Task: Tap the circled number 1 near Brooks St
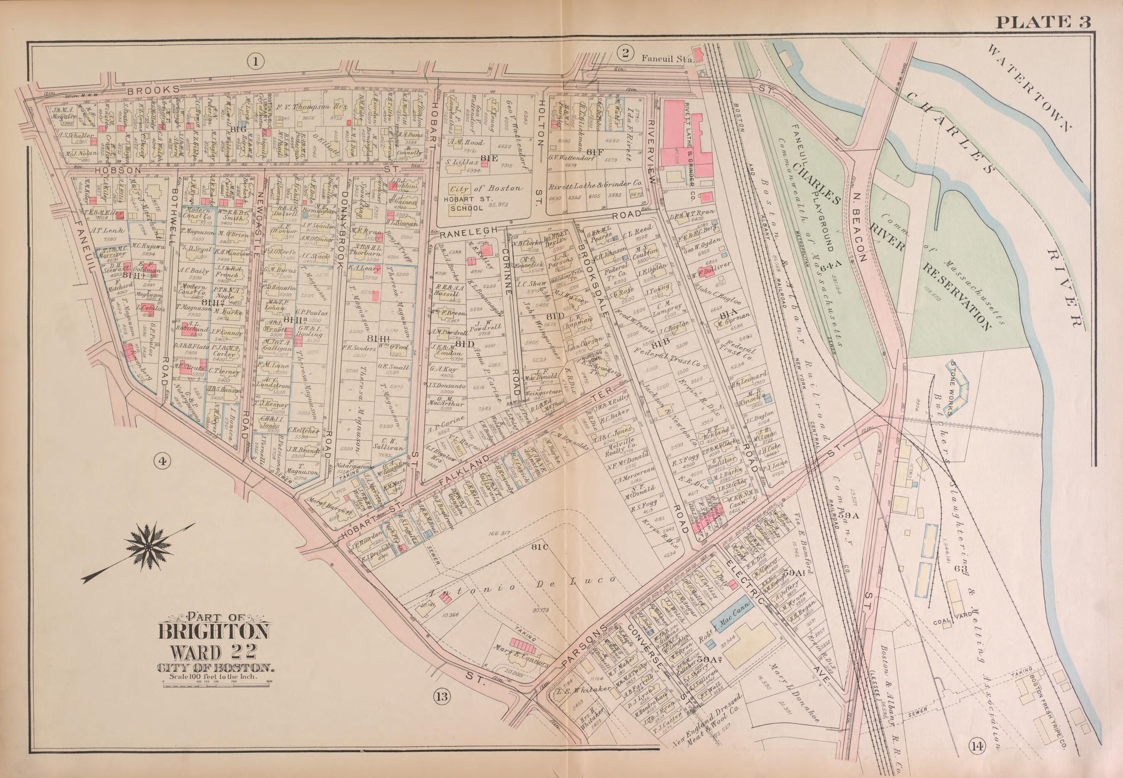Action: click(255, 61)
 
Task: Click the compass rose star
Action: click(146, 548)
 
